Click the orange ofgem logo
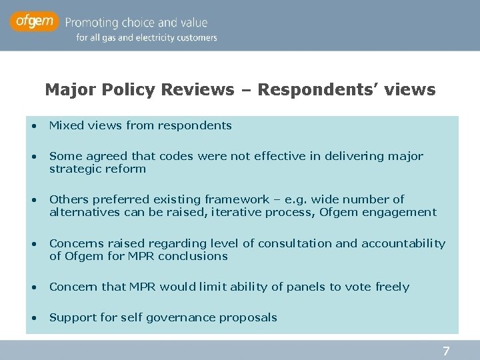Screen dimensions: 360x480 [35, 22]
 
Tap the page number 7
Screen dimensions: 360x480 [447, 351]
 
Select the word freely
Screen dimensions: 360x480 [393, 287]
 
